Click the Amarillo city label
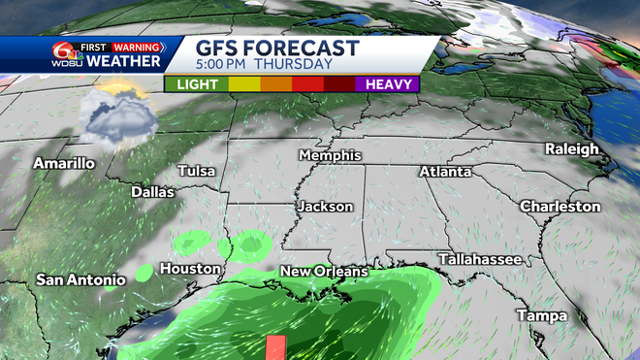coord(64,163)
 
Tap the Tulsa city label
coord(196,171)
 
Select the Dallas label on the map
coord(153,192)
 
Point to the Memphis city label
coord(330,155)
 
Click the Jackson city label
coord(327,207)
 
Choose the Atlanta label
coord(445,172)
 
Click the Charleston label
coord(560,207)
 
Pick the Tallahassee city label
coord(480,259)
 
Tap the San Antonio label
coord(81,280)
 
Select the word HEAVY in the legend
coord(391,84)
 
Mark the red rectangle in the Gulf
coord(274,347)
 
